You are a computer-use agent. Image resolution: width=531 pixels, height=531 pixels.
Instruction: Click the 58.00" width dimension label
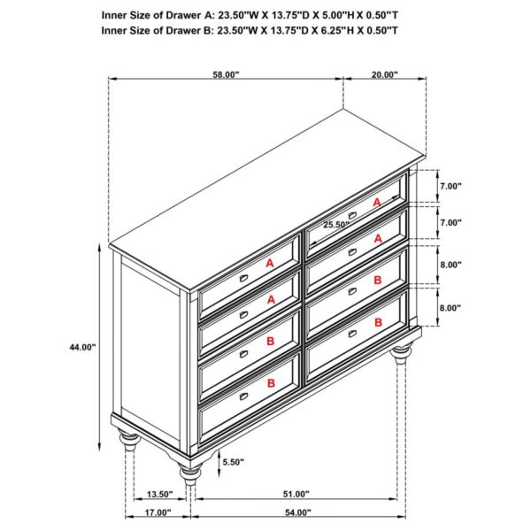click(226, 75)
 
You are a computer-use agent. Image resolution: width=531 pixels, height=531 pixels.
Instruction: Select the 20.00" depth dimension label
click(384, 75)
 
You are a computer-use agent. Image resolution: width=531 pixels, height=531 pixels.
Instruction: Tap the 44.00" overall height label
click(81, 348)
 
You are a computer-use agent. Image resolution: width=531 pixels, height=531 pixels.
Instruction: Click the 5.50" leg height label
click(233, 462)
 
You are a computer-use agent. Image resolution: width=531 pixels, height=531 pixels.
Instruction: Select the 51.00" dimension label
click(296, 494)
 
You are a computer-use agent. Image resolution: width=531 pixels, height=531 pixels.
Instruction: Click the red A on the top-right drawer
click(376, 203)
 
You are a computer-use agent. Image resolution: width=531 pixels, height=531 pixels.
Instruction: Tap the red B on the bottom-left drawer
click(270, 382)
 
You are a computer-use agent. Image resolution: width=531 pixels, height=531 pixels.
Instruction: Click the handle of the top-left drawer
click(242, 281)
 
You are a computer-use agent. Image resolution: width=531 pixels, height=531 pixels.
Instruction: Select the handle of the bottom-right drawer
click(351, 334)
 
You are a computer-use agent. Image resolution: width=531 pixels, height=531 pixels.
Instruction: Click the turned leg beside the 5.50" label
click(189, 474)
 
